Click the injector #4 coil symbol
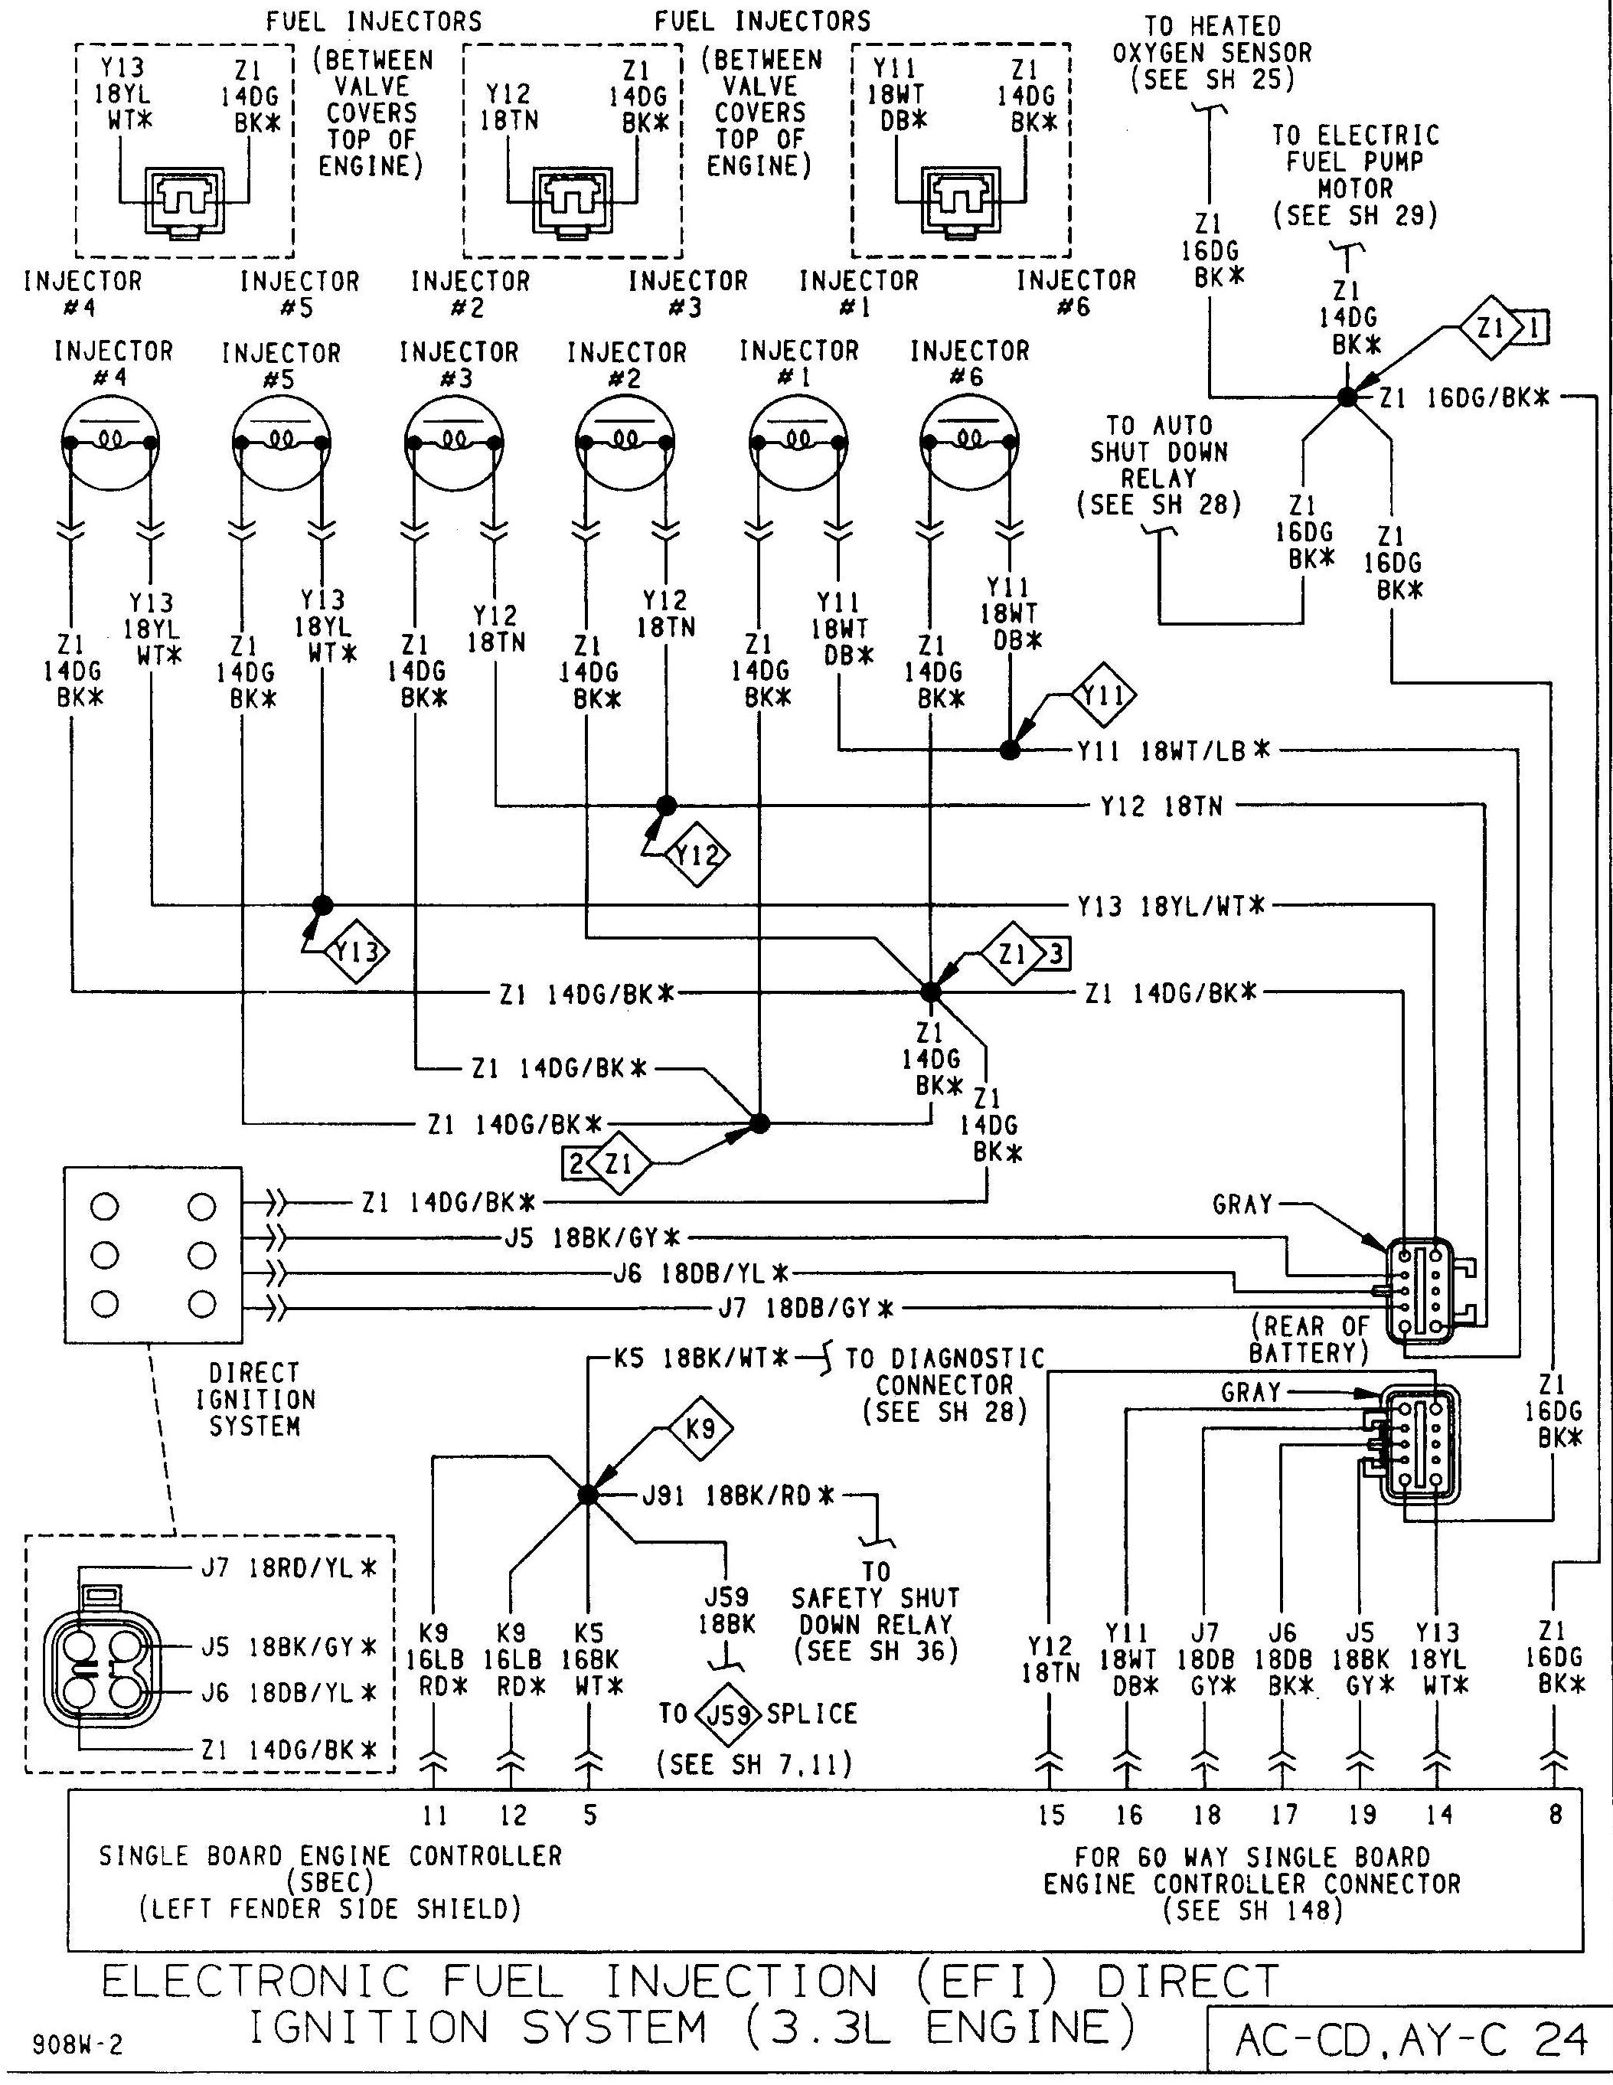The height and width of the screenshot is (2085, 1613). tap(109, 441)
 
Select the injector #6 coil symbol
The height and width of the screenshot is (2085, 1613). tap(968, 441)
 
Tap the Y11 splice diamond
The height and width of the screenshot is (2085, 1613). tap(1103, 695)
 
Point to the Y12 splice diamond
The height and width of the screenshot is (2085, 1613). tap(696, 855)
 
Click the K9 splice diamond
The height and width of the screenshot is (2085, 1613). tap(700, 1429)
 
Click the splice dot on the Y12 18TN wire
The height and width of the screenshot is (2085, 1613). tap(666, 806)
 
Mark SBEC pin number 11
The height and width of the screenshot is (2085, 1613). tap(434, 1815)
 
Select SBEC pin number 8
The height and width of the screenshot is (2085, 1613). tap(1555, 1815)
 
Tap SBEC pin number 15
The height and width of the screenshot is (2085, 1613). tap(1050, 1815)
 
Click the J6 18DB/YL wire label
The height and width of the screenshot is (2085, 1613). tap(701, 1273)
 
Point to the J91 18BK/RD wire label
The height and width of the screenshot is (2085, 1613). tap(739, 1495)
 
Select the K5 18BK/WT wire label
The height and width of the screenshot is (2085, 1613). tap(701, 1358)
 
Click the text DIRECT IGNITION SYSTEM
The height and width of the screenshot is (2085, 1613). tap(254, 1400)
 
